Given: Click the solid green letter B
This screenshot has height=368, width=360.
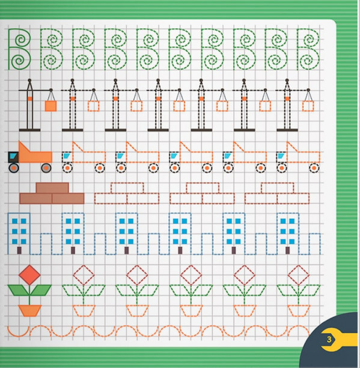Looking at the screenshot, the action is click(x=9, y=49).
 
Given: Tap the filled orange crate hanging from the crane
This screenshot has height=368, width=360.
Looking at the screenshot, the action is click(x=50, y=106).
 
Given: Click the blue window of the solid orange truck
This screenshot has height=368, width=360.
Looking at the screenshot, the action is click(x=14, y=155).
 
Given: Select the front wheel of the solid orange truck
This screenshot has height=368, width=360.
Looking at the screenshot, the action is click(x=14, y=168).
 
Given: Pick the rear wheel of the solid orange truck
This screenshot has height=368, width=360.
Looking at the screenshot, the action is click(x=46, y=168).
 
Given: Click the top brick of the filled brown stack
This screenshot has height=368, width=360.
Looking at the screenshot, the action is click(x=52, y=188).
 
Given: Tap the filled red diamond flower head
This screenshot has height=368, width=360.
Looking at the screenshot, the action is click(x=29, y=275).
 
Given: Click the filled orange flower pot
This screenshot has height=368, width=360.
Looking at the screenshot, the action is click(x=30, y=310).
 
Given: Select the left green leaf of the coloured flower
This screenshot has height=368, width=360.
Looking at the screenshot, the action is click(x=18, y=290).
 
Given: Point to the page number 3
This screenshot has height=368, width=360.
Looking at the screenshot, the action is click(x=329, y=339).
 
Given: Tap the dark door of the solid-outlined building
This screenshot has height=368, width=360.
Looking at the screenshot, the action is click(x=19, y=250).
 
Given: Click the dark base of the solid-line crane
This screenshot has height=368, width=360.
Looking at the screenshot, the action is click(x=29, y=130).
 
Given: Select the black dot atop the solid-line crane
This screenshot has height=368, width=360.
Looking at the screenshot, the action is click(x=29, y=80).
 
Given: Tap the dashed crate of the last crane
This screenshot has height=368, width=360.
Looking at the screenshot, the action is click(x=308, y=106).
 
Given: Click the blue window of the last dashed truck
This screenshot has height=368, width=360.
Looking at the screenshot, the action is click(x=281, y=156).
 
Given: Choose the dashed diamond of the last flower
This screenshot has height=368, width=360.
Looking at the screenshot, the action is click(x=298, y=275).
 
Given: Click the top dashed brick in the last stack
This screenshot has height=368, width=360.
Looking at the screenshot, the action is click(x=278, y=188).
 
